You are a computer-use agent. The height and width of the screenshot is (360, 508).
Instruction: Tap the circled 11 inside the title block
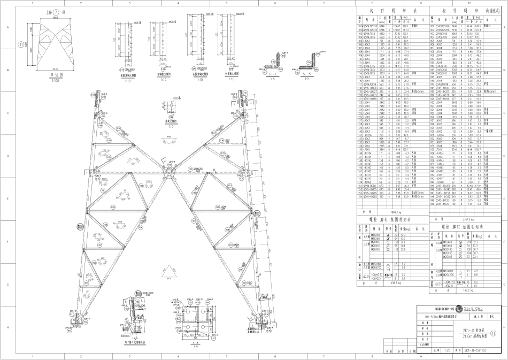point(493,332)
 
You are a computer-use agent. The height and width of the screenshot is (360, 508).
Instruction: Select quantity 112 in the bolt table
point(395,249)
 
